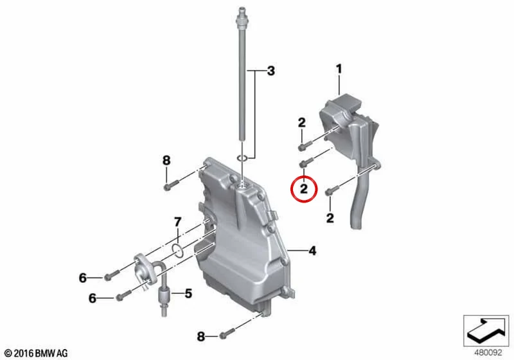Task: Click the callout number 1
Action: pos(339,69)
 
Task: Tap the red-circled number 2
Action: pos(304,189)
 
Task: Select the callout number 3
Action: pos(270,71)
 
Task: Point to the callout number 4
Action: pos(312,251)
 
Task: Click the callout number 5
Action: pos(188,293)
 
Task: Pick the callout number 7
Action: pos(177,222)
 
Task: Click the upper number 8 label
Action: pos(166,160)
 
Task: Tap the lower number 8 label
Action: pos(201,336)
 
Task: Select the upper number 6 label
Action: pos(83,278)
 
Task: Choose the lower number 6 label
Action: pos(93,298)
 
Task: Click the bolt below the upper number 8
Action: pos(171,185)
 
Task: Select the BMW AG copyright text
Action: pos(37,353)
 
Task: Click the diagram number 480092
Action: pos(488,352)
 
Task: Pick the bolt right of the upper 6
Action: pos(111,274)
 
